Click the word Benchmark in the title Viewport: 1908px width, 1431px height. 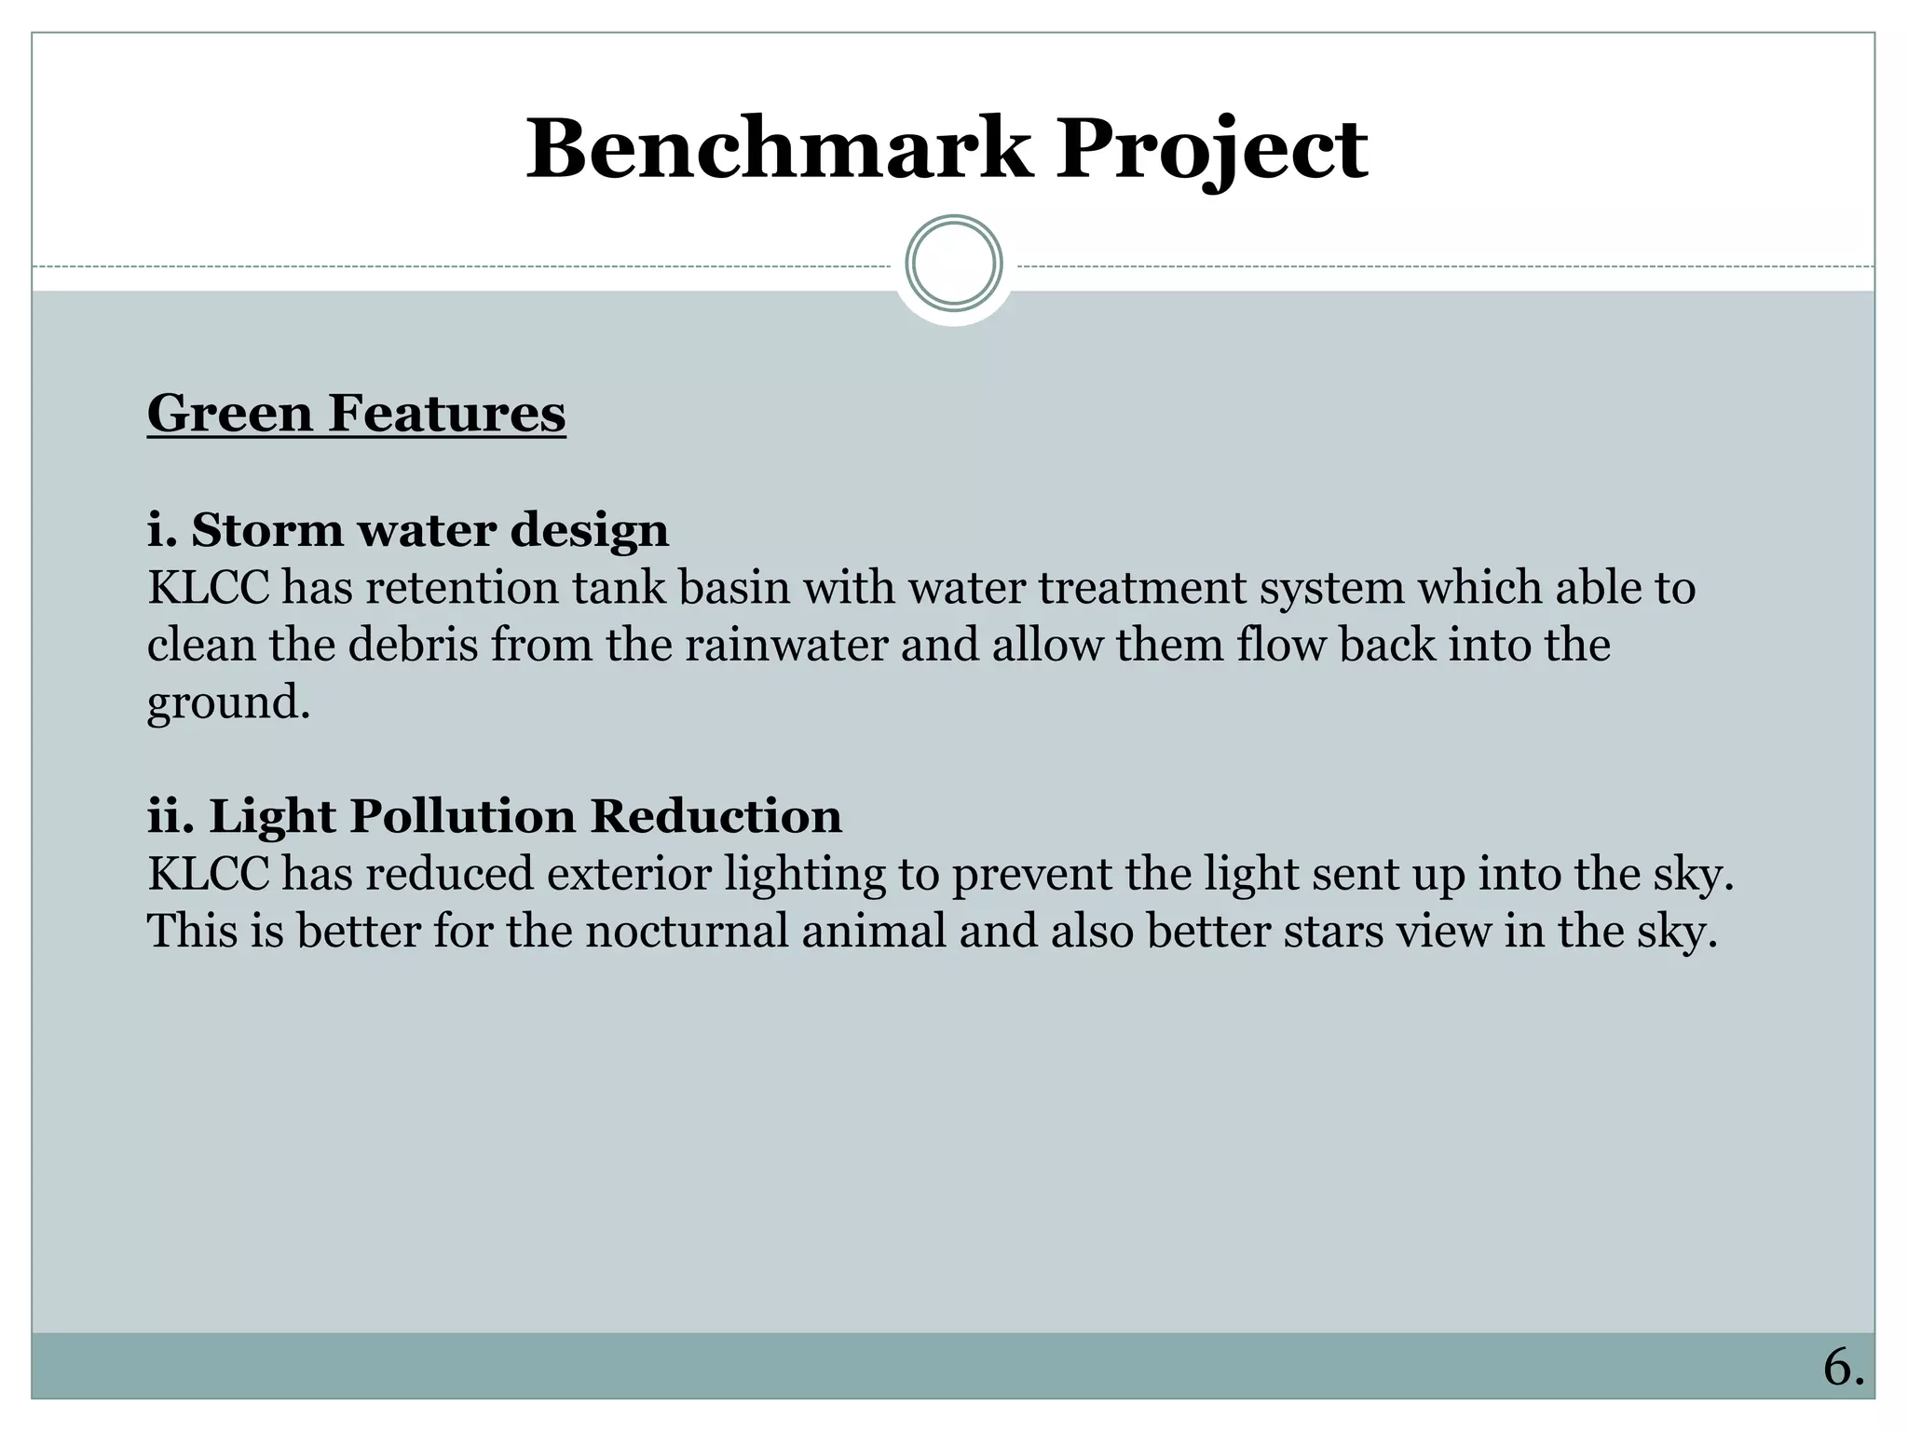(x=779, y=149)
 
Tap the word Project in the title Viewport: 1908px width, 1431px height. (x=1211, y=149)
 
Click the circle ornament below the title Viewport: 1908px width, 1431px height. (x=953, y=264)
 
